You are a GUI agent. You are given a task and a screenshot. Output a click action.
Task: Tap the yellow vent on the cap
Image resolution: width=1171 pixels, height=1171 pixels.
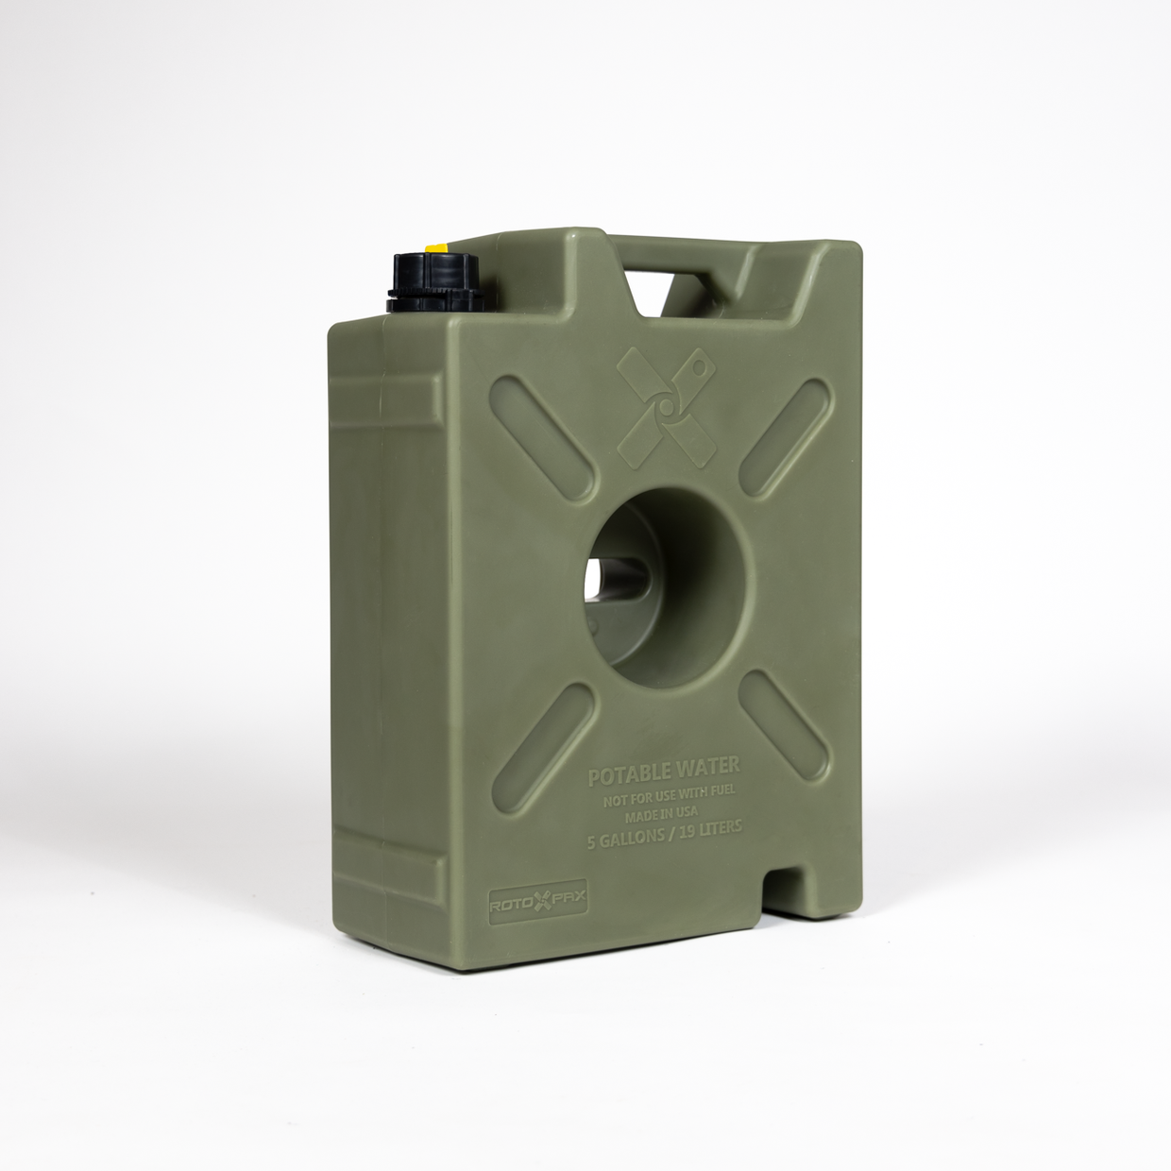tap(436, 248)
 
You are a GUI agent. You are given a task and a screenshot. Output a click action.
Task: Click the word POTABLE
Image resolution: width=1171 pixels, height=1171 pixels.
tap(624, 776)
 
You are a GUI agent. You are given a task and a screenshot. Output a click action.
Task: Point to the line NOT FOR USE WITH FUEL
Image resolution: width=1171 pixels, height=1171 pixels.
tap(665, 798)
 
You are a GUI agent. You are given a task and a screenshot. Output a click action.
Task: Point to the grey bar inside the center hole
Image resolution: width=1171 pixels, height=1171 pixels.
tap(614, 578)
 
